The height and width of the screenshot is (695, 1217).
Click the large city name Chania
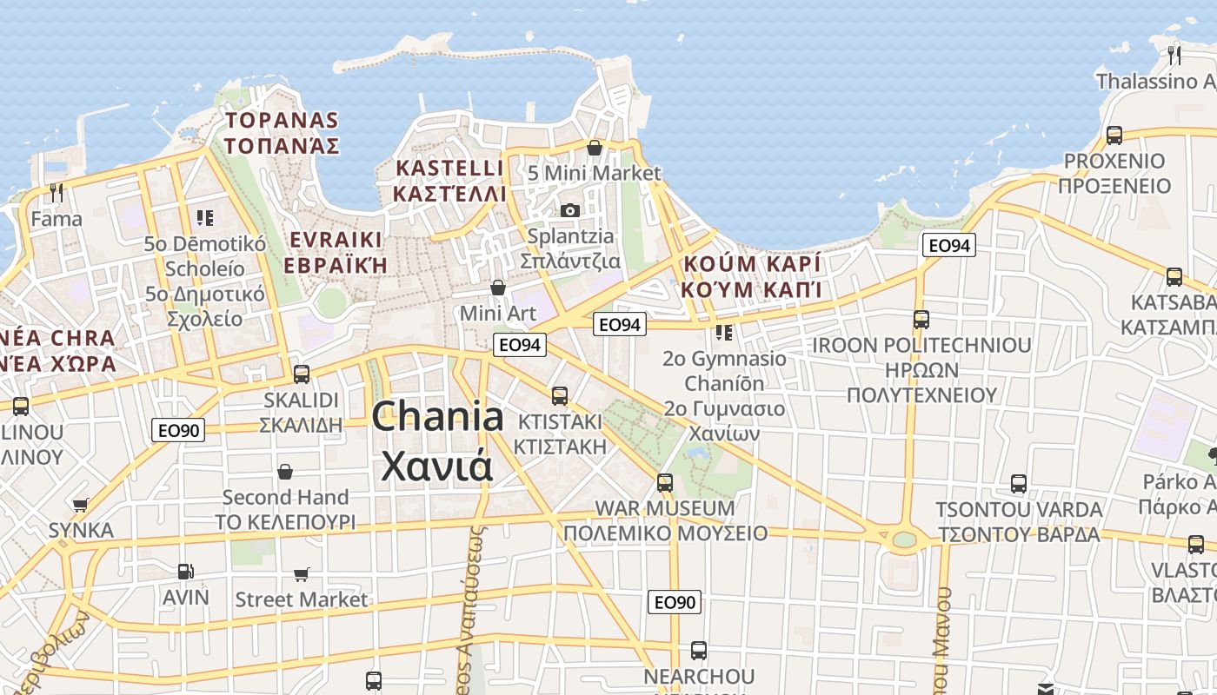(x=437, y=418)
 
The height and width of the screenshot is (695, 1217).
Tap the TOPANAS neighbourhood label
(x=282, y=120)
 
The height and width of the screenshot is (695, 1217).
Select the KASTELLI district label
(x=449, y=168)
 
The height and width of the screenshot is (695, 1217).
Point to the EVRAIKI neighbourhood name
(x=336, y=240)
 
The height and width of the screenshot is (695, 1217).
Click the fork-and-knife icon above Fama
(x=57, y=192)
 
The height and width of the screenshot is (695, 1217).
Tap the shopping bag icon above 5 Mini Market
(x=595, y=149)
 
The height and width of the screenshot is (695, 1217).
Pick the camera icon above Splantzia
(x=570, y=211)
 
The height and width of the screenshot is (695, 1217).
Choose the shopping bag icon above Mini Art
(x=498, y=288)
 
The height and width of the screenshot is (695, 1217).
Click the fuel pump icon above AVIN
(x=185, y=571)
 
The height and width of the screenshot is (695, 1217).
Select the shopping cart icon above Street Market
(x=302, y=574)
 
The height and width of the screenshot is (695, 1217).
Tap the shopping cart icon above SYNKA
(x=81, y=505)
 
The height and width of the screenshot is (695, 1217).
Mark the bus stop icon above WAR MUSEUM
(x=665, y=482)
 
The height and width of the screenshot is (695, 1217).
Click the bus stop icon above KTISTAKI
(x=560, y=396)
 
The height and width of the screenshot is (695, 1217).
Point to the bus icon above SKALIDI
(x=302, y=374)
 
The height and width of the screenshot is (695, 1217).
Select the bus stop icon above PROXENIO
(x=1114, y=136)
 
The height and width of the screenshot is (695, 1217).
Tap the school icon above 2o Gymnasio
(x=724, y=332)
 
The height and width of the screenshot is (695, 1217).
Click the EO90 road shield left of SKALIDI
(x=178, y=430)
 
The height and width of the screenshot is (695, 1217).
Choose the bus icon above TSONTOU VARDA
(x=1019, y=484)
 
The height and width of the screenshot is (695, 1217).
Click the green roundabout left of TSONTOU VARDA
(x=905, y=539)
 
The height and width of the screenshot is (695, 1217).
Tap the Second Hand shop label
(x=285, y=498)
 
